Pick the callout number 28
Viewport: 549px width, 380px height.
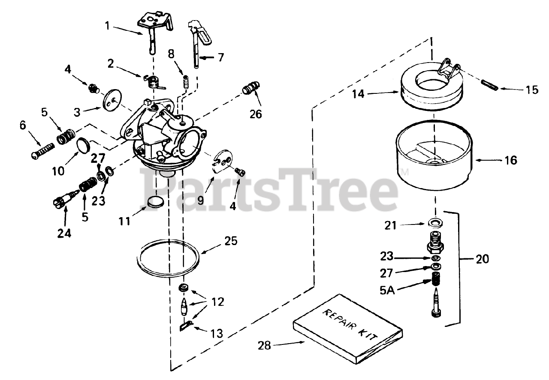point(265,345)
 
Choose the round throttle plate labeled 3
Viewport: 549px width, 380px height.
point(112,100)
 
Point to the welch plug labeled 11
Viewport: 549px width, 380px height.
point(155,201)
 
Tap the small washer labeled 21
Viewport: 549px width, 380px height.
point(435,223)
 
